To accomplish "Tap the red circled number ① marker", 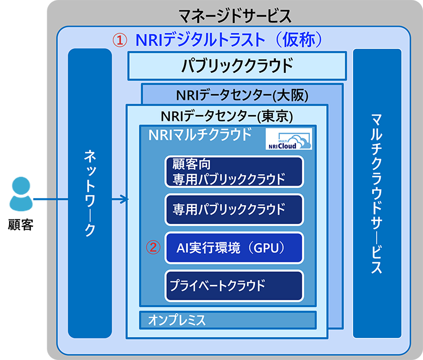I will coord(120,40).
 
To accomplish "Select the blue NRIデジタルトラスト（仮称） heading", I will coord(228,40).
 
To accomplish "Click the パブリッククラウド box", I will coord(237,66).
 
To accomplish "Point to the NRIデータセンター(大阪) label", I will coord(242,94).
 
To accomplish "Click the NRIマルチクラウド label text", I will coord(200,136).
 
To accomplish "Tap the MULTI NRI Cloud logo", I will coord(288,140).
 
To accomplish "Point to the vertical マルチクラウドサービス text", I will coord(377,192).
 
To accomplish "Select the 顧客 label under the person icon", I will coord(21,226).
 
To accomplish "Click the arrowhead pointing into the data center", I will coord(125,199).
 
